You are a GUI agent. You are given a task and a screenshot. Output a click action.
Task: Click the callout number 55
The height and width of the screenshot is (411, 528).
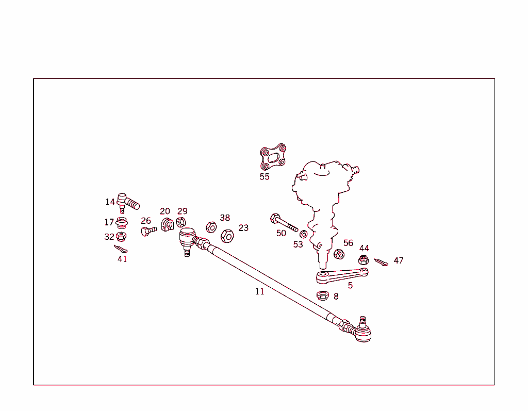tap(265, 177)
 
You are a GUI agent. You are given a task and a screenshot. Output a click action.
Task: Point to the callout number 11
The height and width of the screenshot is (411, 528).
tap(259, 291)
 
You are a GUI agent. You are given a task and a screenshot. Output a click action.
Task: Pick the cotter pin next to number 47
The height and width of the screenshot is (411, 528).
tap(381, 263)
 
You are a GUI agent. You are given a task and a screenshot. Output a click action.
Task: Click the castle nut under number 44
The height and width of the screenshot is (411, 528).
tap(364, 260)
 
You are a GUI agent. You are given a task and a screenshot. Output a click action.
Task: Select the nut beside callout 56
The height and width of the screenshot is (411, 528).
tap(339, 254)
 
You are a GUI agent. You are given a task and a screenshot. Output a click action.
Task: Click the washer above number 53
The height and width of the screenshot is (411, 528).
tap(304, 235)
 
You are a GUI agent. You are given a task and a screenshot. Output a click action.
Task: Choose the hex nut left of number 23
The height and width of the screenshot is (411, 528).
tap(227, 236)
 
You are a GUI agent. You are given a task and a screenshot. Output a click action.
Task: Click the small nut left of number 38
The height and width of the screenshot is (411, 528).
tap(211, 227)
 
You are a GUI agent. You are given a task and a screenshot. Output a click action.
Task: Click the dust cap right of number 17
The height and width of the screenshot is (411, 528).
tap(122, 223)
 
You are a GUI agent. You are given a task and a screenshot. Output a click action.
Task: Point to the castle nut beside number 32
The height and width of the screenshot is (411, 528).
tap(122, 237)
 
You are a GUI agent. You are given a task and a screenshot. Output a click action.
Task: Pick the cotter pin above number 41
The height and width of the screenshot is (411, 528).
tap(121, 250)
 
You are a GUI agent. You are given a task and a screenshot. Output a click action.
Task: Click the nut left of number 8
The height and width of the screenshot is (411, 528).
tap(323, 295)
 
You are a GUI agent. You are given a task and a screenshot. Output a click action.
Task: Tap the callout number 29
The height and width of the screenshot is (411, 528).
tap(183, 211)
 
